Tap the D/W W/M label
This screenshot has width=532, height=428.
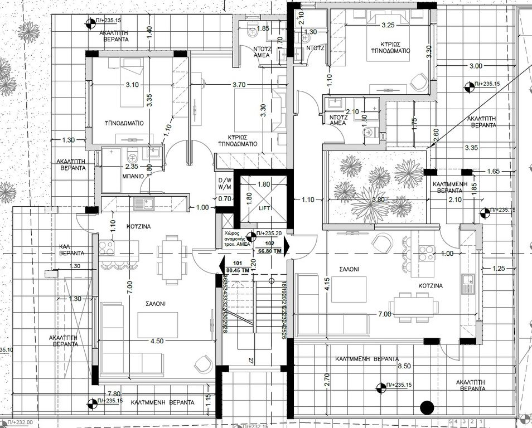[x=225, y=183]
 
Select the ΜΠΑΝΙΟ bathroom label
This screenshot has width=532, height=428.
[x=134, y=175]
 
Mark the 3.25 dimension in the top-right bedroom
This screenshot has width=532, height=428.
[x=388, y=25]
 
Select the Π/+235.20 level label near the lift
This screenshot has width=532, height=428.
[x=270, y=235]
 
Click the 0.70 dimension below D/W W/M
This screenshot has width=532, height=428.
[x=225, y=198]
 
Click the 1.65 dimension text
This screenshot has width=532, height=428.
[x=492, y=171]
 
